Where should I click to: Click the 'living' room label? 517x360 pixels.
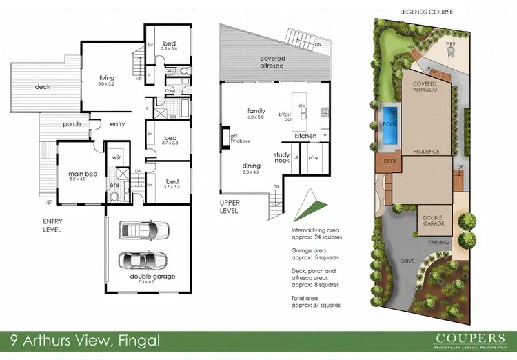click(105, 78)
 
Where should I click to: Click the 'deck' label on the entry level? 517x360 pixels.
click(42, 87)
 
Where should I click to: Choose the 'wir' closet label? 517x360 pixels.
click(116, 157)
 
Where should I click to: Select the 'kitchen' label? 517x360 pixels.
click(305, 136)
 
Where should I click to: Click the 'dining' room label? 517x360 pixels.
click(251, 166)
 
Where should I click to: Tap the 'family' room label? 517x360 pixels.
click(256, 110)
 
